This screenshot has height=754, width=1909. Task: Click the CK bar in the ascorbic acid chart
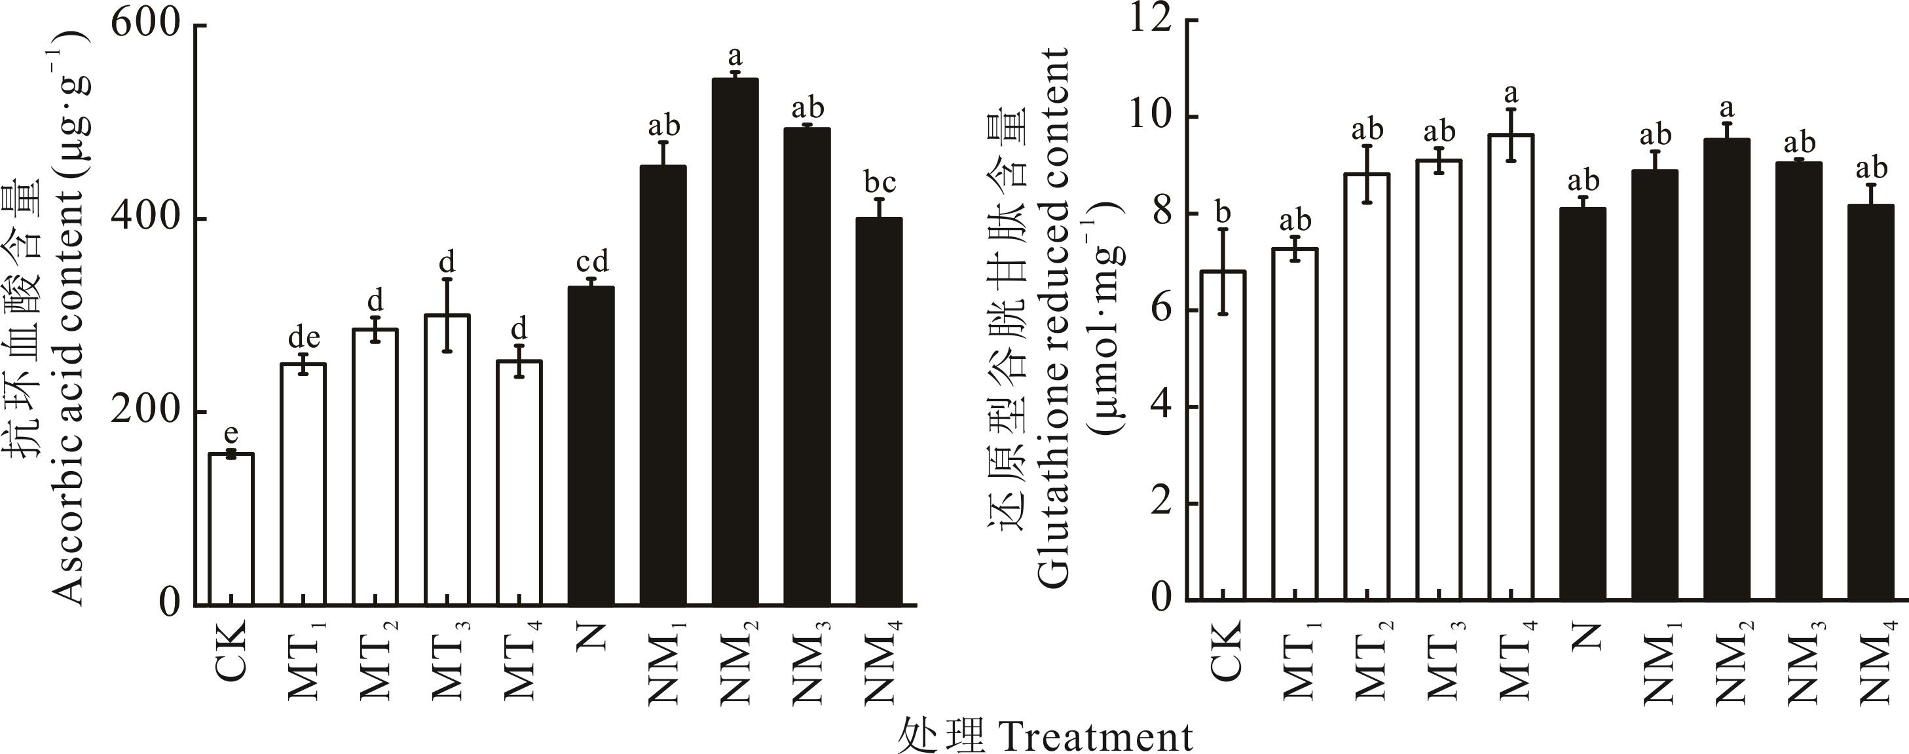(x=231, y=530)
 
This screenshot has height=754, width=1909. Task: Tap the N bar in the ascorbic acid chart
(x=591, y=445)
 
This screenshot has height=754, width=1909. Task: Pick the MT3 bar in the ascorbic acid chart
(x=447, y=460)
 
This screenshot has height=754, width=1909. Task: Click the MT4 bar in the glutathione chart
(x=1511, y=371)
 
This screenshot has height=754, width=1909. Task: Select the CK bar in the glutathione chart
(x=1223, y=438)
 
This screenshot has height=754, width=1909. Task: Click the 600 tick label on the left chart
(x=145, y=24)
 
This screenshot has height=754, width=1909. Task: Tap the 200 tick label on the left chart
(x=145, y=412)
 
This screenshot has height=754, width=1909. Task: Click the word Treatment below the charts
(x=1097, y=736)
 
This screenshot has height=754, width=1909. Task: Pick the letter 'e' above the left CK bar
(x=231, y=432)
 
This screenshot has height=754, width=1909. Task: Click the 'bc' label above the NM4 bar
(x=880, y=181)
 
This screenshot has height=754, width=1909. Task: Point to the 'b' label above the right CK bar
(x=1223, y=213)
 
